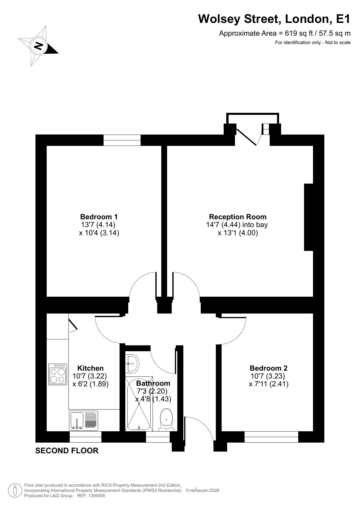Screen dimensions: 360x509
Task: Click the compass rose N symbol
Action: (38, 46)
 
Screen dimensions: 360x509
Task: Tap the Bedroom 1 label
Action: (99, 217)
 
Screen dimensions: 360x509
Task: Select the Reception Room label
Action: (238, 217)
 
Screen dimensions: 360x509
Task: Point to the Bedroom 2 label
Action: (269, 368)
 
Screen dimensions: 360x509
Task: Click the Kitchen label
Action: (91, 368)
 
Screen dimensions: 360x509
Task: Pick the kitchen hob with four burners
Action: (58, 374)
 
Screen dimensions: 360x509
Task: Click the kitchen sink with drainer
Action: (84, 421)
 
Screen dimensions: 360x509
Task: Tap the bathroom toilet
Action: (167, 420)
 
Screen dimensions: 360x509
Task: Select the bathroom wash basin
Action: (132, 363)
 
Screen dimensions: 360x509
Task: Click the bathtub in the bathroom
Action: (138, 403)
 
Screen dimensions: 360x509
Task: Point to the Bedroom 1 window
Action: (122, 140)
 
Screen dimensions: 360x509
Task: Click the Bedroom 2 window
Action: (271, 437)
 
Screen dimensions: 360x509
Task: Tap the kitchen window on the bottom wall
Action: (86, 437)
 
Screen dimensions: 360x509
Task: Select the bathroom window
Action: (158, 437)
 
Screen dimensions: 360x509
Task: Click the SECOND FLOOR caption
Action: (67, 451)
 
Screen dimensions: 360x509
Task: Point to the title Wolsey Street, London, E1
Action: (274, 19)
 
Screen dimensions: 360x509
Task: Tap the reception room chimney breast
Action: (309, 217)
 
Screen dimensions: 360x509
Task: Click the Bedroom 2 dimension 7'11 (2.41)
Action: (269, 384)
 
